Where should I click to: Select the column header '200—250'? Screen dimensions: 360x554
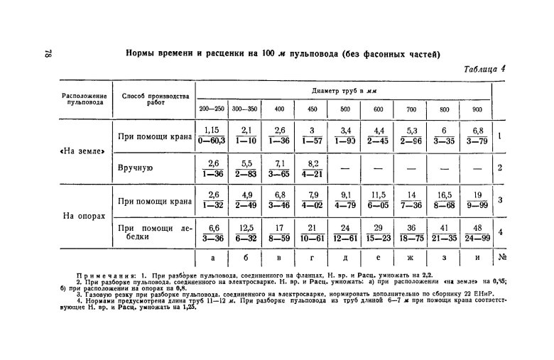(210, 109)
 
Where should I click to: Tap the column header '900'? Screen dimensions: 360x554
(477, 109)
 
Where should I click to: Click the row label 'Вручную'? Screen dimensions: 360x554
(135, 169)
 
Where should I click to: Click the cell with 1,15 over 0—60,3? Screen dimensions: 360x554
(211, 136)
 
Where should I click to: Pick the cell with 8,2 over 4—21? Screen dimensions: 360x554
(312, 168)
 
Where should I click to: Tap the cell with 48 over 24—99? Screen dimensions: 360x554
(477, 232)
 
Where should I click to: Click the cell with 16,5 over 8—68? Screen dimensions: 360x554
(445, 200)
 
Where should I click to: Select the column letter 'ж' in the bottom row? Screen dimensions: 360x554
(411, 258)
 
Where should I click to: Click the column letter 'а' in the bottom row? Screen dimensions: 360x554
(211, 258)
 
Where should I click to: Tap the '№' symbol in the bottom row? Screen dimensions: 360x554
(501, 258)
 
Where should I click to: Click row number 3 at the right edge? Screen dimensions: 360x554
(501, 200)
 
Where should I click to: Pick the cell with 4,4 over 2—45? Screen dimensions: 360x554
(379, 136)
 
